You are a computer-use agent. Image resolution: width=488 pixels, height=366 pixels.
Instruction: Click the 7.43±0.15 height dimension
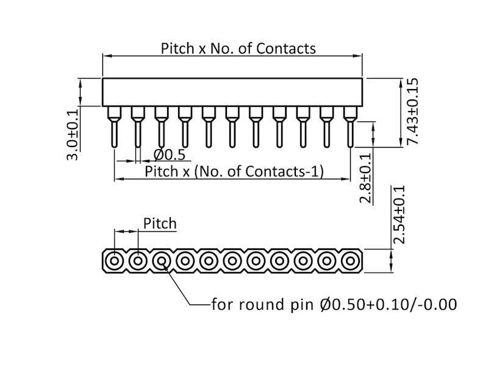413,111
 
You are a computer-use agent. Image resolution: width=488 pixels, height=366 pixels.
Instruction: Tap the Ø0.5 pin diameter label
169,154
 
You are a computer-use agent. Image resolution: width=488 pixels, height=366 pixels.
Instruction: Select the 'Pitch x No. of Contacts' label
238,48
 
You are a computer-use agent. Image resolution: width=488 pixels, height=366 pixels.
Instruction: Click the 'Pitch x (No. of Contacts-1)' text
234,171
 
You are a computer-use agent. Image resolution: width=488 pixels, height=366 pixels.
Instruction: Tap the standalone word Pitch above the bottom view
159,224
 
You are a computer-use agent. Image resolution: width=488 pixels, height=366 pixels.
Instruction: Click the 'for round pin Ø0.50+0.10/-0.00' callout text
334,304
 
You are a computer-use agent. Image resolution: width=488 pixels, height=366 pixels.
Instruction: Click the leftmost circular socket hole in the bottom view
114,261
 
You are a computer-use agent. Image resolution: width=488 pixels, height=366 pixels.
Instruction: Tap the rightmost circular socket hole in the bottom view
349,261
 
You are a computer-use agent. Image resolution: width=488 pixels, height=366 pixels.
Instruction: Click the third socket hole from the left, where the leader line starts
161,261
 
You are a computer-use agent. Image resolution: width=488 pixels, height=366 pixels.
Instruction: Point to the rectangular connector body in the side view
232,91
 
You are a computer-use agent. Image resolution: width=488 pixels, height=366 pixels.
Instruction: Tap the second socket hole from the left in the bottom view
138,261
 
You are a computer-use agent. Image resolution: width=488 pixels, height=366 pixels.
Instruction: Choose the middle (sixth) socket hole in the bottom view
232,261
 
